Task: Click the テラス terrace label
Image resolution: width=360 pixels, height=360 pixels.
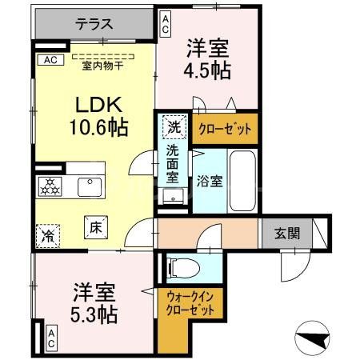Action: [95, 25]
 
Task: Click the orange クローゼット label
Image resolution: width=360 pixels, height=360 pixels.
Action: [224, 126]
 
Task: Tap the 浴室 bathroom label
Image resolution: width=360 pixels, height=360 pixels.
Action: [211, 181]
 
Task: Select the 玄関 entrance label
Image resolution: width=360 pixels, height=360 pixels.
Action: [286, 234]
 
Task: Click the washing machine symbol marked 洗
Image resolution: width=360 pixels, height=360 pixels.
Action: [174, 126]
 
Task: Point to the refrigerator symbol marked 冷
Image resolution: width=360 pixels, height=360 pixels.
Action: [50, 235]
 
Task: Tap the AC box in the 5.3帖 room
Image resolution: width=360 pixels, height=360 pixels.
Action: [50, 338]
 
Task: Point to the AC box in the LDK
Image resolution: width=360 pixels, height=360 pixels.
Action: [49, 59]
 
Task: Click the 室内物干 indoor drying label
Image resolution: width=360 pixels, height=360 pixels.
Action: [104, 66]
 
